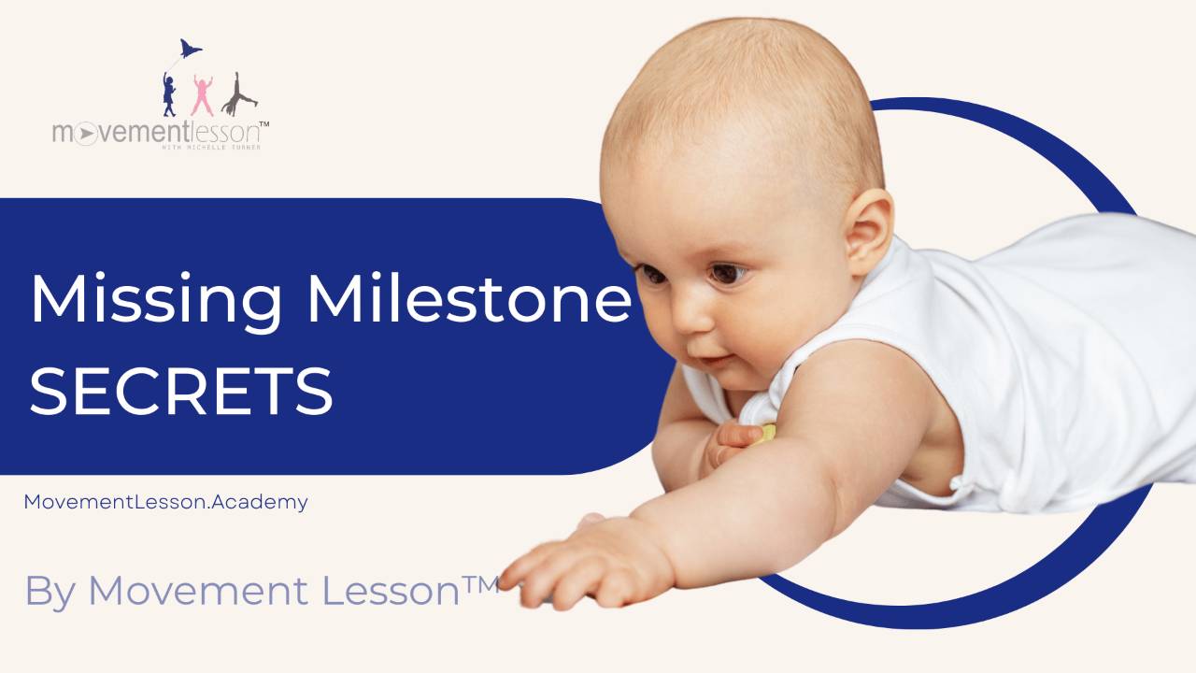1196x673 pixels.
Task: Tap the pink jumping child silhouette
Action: click(202, 96)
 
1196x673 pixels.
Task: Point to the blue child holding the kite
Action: click(169, 95)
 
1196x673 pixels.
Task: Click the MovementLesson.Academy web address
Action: click(165, 502)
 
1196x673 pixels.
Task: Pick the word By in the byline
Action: click(50, 593)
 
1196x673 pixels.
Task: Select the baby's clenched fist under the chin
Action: click(729, 439)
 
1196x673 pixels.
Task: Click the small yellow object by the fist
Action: click(766, 433)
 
